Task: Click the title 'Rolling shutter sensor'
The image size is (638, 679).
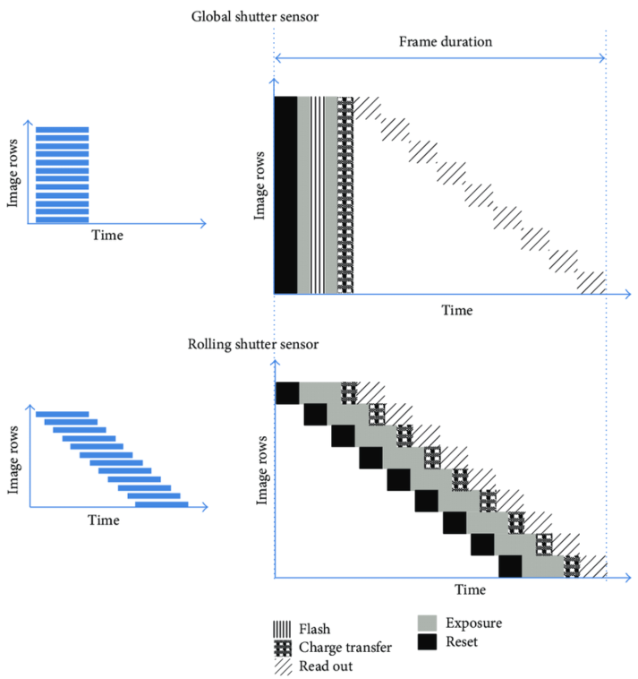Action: click(253, 344)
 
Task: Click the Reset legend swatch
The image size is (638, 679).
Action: click(429, 641)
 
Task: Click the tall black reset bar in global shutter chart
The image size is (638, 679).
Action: click(285, 194)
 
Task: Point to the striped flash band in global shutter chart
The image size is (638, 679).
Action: click(318, 194)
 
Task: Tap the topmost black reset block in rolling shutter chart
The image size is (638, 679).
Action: click(286, 393)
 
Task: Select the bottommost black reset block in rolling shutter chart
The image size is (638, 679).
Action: click(510, 567)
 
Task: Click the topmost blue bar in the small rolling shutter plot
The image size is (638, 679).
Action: click(62, 414)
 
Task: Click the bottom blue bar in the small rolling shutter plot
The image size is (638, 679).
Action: click(161, 504)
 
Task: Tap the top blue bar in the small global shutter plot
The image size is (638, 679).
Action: click(63, 130)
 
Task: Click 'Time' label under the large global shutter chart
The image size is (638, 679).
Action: click(456, 310)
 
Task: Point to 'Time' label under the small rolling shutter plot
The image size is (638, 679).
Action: click(106, 520)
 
